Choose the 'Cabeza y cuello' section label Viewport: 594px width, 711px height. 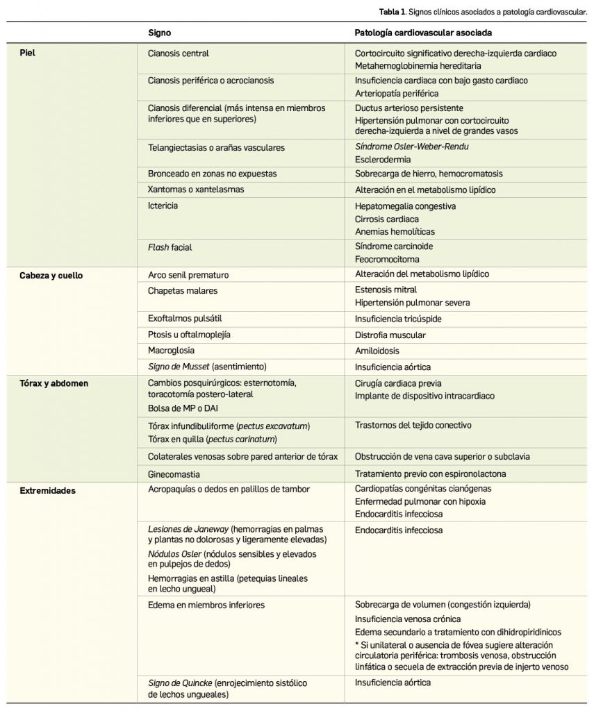click(x=50, y=274)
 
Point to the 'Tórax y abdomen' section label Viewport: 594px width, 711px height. click(x=51, y=383)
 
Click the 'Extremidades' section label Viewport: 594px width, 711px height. click(x=48, y=490)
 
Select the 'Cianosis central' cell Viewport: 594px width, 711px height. click(x=179, y=53)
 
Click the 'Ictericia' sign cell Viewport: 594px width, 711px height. click(x=165, y=206)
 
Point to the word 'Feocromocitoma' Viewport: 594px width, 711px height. click(x=387, y=259)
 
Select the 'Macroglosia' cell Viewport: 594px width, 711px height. click(x=172, y=351)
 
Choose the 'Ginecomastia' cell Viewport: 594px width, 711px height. click(x=174, y=474)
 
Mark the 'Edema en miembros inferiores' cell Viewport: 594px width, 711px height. click(x=197, y=605)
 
